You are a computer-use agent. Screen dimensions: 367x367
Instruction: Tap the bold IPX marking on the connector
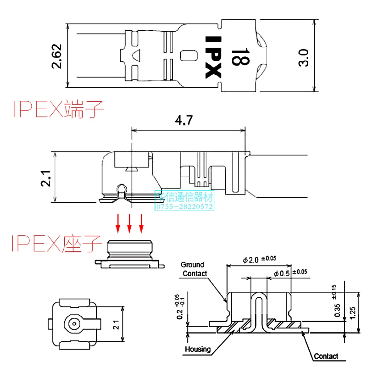(x=212, y=57)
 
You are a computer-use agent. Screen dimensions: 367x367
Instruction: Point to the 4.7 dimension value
(x=184, y=122)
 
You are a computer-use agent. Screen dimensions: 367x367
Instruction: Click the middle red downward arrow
(x=130, y=222)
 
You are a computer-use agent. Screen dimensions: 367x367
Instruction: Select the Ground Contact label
(x=193, y=269)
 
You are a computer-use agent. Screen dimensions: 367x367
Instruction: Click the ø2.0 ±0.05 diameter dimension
(x=259, y=260)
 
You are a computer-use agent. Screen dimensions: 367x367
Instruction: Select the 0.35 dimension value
(x=338, y=310)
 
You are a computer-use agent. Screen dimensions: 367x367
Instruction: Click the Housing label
(x=198, y=349)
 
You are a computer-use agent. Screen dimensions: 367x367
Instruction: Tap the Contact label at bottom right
(x=326, y=356)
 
